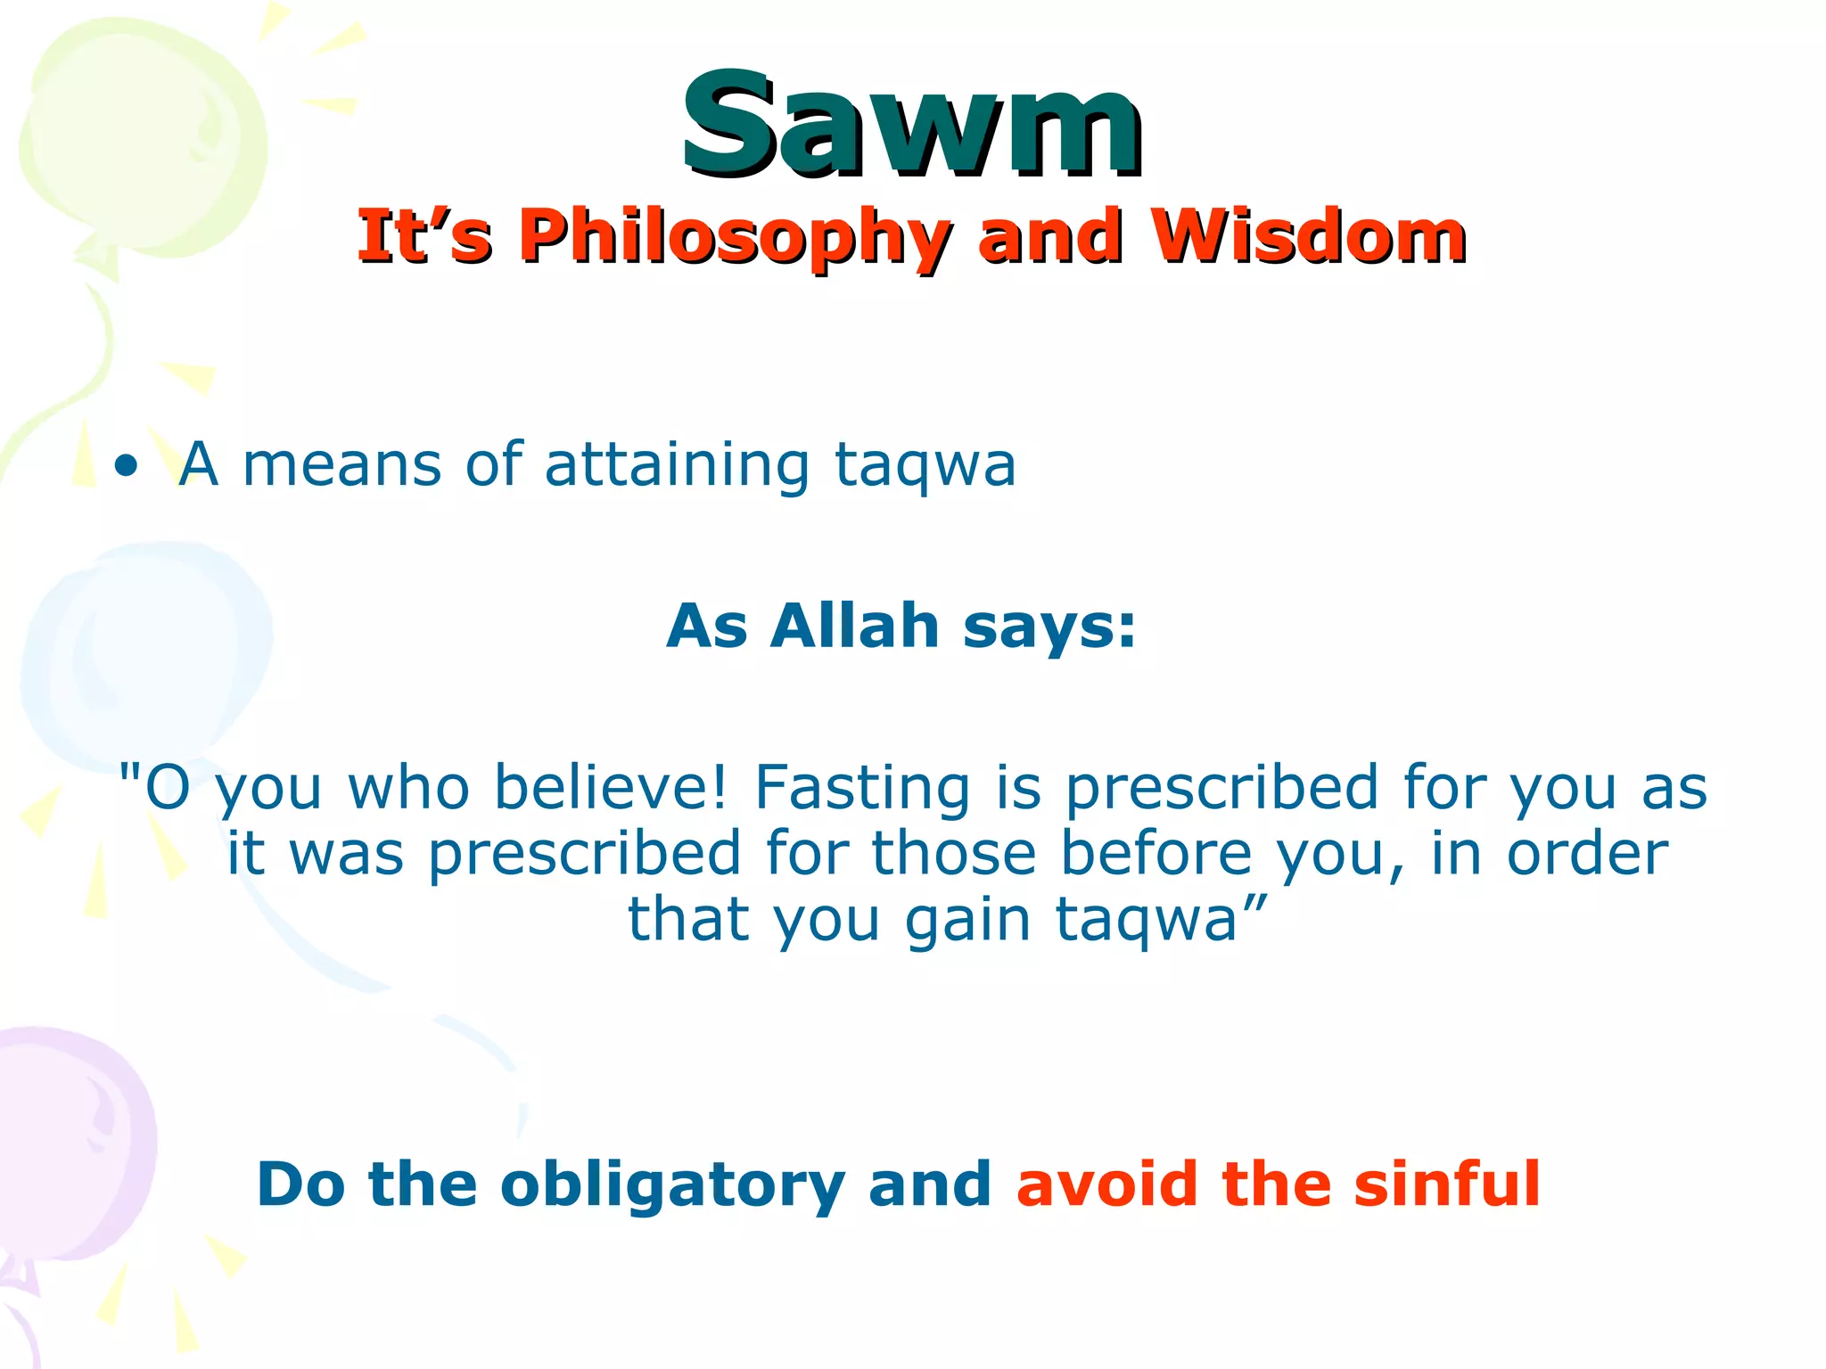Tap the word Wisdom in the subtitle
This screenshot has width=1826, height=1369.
[x=1307, y=237]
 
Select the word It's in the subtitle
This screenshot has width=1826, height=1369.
[x=424, y=237]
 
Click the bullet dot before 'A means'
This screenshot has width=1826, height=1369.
[x=127, y=466]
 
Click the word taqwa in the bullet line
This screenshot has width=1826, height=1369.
[x=925, y=466]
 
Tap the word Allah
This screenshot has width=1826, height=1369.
[x=855, y=626]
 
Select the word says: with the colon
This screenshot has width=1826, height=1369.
[x=1050, y=627]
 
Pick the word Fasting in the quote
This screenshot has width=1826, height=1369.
[x=861, y=790]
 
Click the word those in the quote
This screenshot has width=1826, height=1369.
[x=953, y=854]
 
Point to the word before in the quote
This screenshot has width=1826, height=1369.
[x=1156, y=854]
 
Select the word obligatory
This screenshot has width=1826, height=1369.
[x=671, y=1186]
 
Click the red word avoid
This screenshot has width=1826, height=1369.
[x=1107, y=1185]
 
